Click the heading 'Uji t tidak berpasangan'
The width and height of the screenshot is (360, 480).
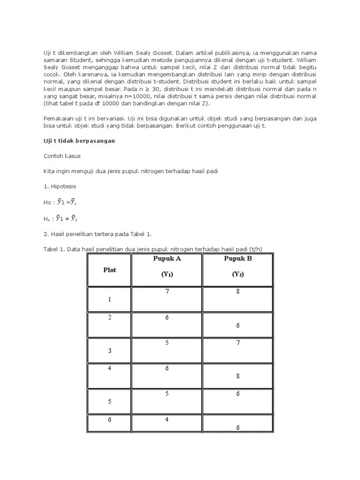76,141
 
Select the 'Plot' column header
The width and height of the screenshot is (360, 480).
110,270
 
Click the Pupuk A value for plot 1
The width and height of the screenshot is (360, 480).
167,292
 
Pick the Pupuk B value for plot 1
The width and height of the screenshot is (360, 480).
238,292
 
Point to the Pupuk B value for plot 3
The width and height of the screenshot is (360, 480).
238,343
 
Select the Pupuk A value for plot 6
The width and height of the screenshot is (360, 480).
167,419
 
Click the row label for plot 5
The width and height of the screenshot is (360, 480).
110,401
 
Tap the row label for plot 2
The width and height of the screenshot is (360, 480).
110,317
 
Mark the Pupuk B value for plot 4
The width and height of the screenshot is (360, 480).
238,375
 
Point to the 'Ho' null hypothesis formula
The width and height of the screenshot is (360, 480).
61,202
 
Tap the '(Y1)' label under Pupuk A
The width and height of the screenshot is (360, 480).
167,275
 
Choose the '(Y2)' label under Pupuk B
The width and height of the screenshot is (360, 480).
238,275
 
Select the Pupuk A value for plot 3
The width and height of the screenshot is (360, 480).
167,343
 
